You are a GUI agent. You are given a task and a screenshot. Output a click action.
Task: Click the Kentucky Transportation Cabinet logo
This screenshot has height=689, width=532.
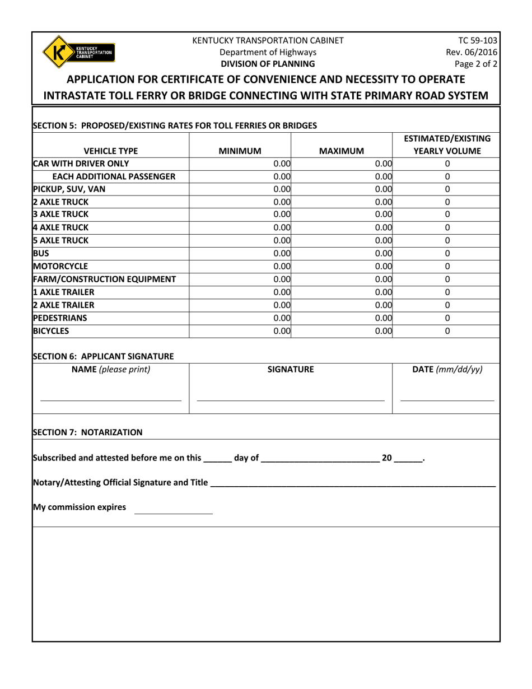pos(78,52)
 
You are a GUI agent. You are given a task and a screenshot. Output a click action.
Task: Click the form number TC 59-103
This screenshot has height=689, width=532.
pos(478,40)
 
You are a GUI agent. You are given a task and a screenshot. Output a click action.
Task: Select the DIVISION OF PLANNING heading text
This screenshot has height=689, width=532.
pos(268,64)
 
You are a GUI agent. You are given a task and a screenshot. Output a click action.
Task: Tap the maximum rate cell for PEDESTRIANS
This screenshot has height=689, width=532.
pos(343,317)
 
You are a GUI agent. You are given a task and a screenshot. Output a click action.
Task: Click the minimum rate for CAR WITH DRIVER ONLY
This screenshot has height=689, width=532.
pos(241,164)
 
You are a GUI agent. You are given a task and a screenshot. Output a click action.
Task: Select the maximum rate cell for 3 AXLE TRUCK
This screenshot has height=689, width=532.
pos(343,214)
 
